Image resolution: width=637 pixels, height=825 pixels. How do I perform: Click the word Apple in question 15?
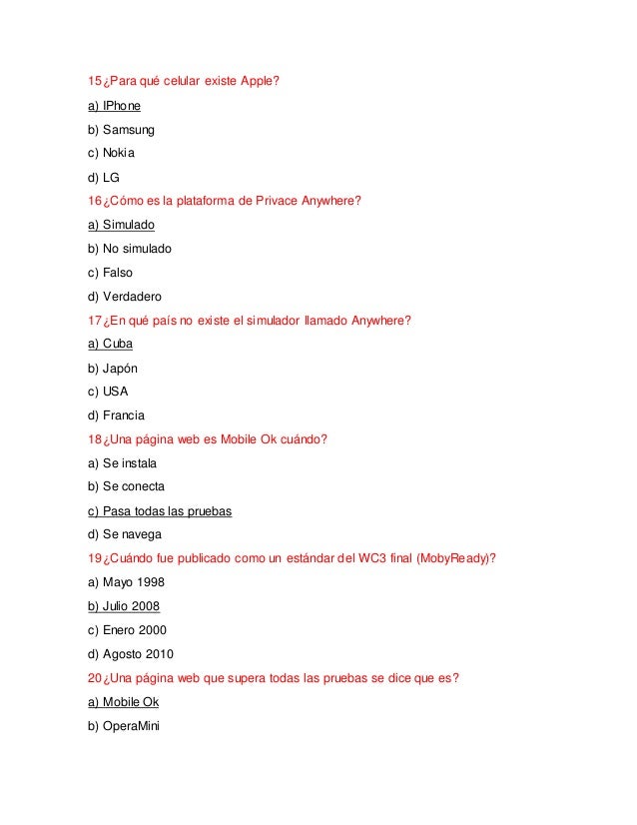pos(261,81)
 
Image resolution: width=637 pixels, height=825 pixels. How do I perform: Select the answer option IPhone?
pos(115,105)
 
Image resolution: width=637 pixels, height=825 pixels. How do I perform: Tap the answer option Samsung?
pos(121,129)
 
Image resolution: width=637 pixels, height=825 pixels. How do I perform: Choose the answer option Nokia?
pos(111,153)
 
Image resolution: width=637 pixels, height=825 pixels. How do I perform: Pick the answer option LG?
pos(104,177)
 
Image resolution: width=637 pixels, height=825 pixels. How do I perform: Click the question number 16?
pos(95,200)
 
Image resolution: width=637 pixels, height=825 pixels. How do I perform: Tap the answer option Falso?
pos(110,272)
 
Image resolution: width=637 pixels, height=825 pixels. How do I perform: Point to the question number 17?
pos(95,320)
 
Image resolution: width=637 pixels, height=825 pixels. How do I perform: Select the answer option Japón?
pos(113,368)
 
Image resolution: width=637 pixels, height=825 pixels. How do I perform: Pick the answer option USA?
pos(108,392)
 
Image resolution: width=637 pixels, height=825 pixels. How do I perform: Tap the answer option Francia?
pos(116,414)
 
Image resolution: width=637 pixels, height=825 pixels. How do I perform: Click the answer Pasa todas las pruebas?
pos(160,510)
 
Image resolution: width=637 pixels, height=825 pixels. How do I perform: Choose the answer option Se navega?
pos(125,534)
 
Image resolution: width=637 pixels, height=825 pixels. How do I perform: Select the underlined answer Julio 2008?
pos(124,606)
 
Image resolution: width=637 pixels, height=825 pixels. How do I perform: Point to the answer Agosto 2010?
pos(131,654)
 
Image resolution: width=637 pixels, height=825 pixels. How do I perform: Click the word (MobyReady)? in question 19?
pos(453,558)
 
